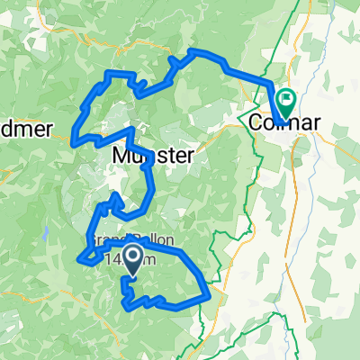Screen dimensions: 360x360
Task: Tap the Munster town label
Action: [153, 156]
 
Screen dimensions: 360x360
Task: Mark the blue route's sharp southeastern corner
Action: [210, 295]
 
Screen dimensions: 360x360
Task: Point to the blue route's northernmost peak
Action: [192, 53]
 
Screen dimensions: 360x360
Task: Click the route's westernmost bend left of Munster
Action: [74, 139]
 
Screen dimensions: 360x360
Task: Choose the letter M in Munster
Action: [122, 156]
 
